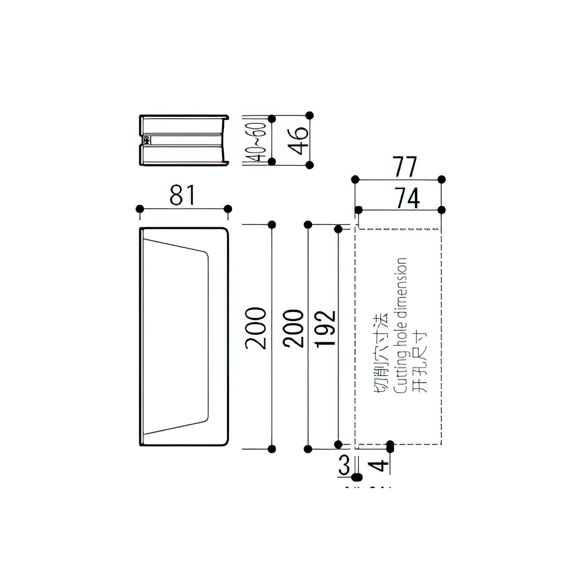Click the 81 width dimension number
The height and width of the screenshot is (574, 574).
(182, 195)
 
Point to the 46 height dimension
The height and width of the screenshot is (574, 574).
(297, 141)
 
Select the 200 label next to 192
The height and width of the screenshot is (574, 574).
(294, 328)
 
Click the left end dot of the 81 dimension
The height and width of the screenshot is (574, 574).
(140, 209)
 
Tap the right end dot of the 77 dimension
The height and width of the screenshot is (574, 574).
(442, 179)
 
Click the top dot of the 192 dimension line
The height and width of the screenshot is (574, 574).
(338, 229)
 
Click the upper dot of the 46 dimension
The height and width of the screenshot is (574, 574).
(309, 115)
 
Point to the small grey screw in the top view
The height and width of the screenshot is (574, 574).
(147, 140)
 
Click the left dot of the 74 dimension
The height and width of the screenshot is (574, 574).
(359, 210)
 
